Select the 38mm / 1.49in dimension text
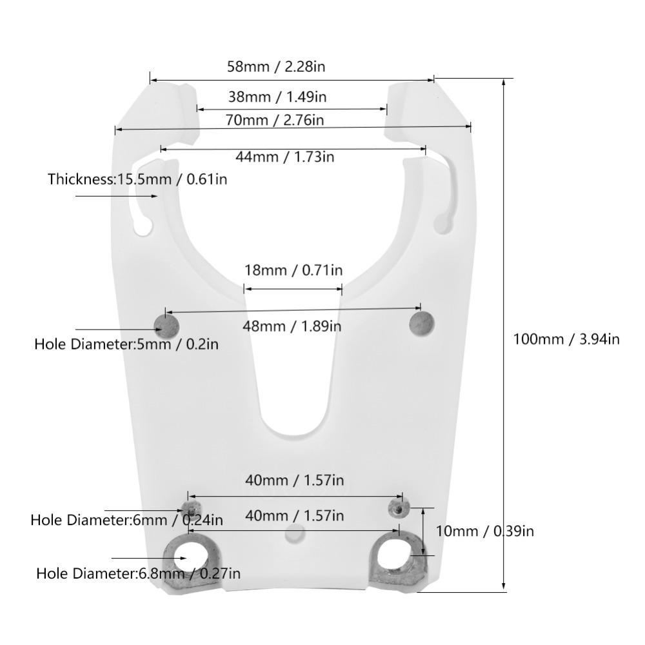[x=277, y=97]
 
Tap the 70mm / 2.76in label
[x=275, y=119]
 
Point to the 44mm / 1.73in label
[x=284, y=156]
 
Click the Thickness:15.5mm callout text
[x=137, y=179]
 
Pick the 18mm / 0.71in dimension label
[x=293, y=270]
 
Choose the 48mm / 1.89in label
[x=292, y=326]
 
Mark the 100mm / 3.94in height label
[x=566, y=339]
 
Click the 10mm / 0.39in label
[x=484, y=531]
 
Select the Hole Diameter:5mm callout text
[x=126, y=344]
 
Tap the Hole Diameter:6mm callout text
[x=126, y=519]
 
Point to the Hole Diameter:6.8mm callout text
[x=138, y=573]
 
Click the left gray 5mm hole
[x=166, y=324]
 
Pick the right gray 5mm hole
[x=422, y=322]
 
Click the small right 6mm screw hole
[x=397, y=509]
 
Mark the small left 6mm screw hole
[x=190, y=506]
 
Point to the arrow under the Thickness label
[x=116, y=195]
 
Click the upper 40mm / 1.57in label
[x=293, y=481]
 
